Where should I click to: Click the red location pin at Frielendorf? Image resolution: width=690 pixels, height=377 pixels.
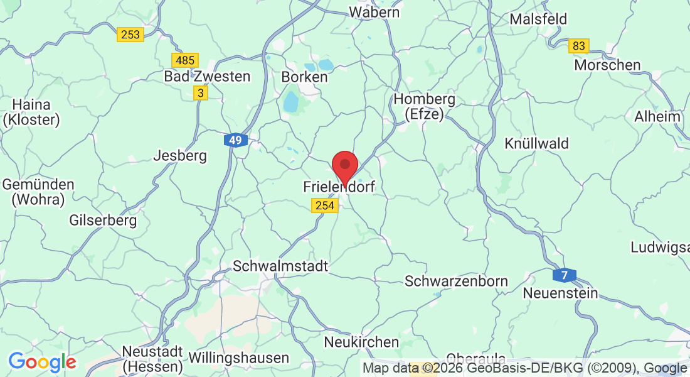pyautogui.click(x=344, y=165)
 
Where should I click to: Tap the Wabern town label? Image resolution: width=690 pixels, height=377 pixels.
pyautogui.click(x=374, y=12)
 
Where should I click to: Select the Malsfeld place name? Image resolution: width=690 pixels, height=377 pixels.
pyautogui.click(x=538, y=19)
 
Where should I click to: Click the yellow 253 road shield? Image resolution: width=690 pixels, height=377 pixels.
pyautogui.click(x=130, y=35)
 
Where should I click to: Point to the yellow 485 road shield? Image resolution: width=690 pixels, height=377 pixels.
pyautogui.click(x=185, y=60)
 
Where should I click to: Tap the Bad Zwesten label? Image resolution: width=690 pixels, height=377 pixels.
pyautogui.click(x=207, y=77)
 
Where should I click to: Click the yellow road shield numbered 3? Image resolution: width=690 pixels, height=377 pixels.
pyautogui.click(x=200, y=93)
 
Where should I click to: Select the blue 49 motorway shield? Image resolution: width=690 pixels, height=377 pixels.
pyautogui.click(x=236, y=140)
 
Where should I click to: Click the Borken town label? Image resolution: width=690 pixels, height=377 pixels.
pyautogui.click(x=305, y=77)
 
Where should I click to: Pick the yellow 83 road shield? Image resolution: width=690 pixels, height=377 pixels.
pyautogui.click(x=579, y=46)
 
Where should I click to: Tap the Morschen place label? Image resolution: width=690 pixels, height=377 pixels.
pyautogui.click(x=608, y=65)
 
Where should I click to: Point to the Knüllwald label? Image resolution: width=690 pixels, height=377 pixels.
pyautogui.click(x=536, y=144)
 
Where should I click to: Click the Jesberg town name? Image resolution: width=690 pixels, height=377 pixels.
pyautogui.click(x=180, y=156)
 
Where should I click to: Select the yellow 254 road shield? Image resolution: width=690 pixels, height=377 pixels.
pyautogui.click(x=324, y=205)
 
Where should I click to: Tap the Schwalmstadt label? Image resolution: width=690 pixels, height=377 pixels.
pyautogui.click(x=280, y=266)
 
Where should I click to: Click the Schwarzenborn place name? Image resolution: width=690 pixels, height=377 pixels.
pyautogui.click(x=456, y=281)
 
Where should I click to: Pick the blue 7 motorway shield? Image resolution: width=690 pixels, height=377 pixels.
pyautogui.click(x=565, y=275)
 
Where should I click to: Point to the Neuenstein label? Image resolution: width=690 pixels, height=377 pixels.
pyautogui.click(x=560, y=293)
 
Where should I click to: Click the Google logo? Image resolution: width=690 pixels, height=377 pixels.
pyautogui.click(x=42, y=361)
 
